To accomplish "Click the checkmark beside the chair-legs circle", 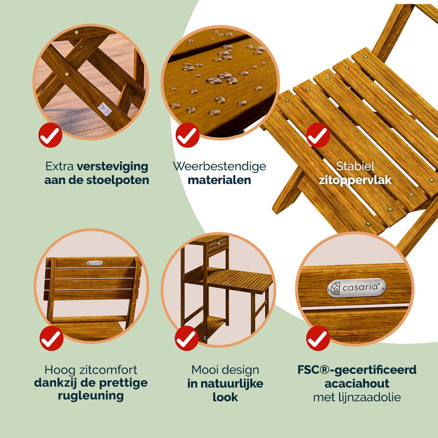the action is pos(50,135).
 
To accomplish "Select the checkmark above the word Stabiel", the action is pos(318,135).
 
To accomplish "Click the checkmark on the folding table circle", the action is pos(187,338).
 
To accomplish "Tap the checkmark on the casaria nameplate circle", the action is pos(318,338).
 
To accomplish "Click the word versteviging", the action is pos(112,167).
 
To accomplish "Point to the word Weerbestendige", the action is pos(220,166).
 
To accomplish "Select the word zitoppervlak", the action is pos(355,180).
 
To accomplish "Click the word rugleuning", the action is pos(91,396).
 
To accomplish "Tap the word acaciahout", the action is pos(357,384).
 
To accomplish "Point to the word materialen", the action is pos(219,180).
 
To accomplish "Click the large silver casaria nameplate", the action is pos(357,288).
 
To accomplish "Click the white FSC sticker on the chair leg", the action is pos(104,109).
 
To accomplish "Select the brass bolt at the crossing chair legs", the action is pos(67,74).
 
